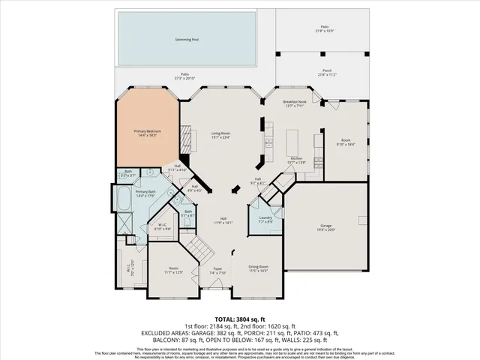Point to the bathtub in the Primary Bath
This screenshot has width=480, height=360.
coord(123,202)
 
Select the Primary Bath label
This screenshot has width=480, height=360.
coord(145,191)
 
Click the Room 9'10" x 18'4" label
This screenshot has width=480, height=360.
coord(346,139)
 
